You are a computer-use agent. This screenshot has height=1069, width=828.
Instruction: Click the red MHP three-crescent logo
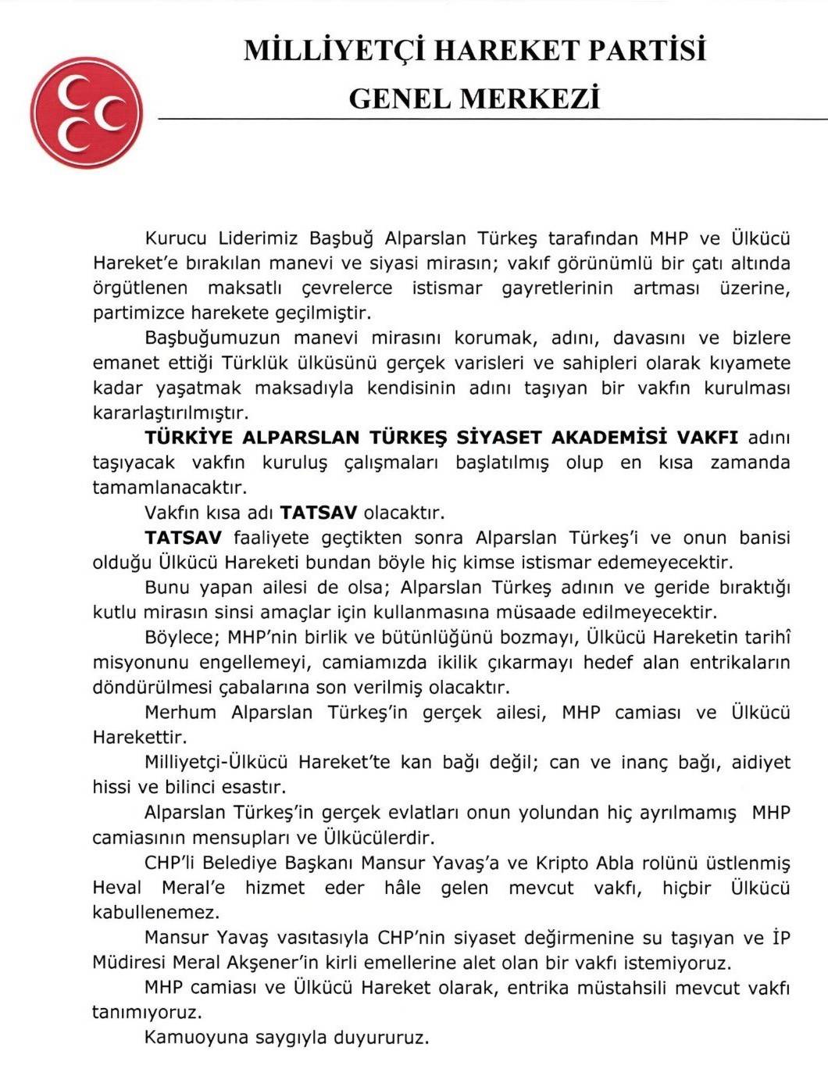[x=87, y=112]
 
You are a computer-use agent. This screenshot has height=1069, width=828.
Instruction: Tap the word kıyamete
[x=753, y=363]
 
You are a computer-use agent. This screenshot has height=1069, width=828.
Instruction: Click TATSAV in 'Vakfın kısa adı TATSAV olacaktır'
[x=319, y=513]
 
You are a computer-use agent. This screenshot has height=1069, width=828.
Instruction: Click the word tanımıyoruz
[x=147, y=1012]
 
